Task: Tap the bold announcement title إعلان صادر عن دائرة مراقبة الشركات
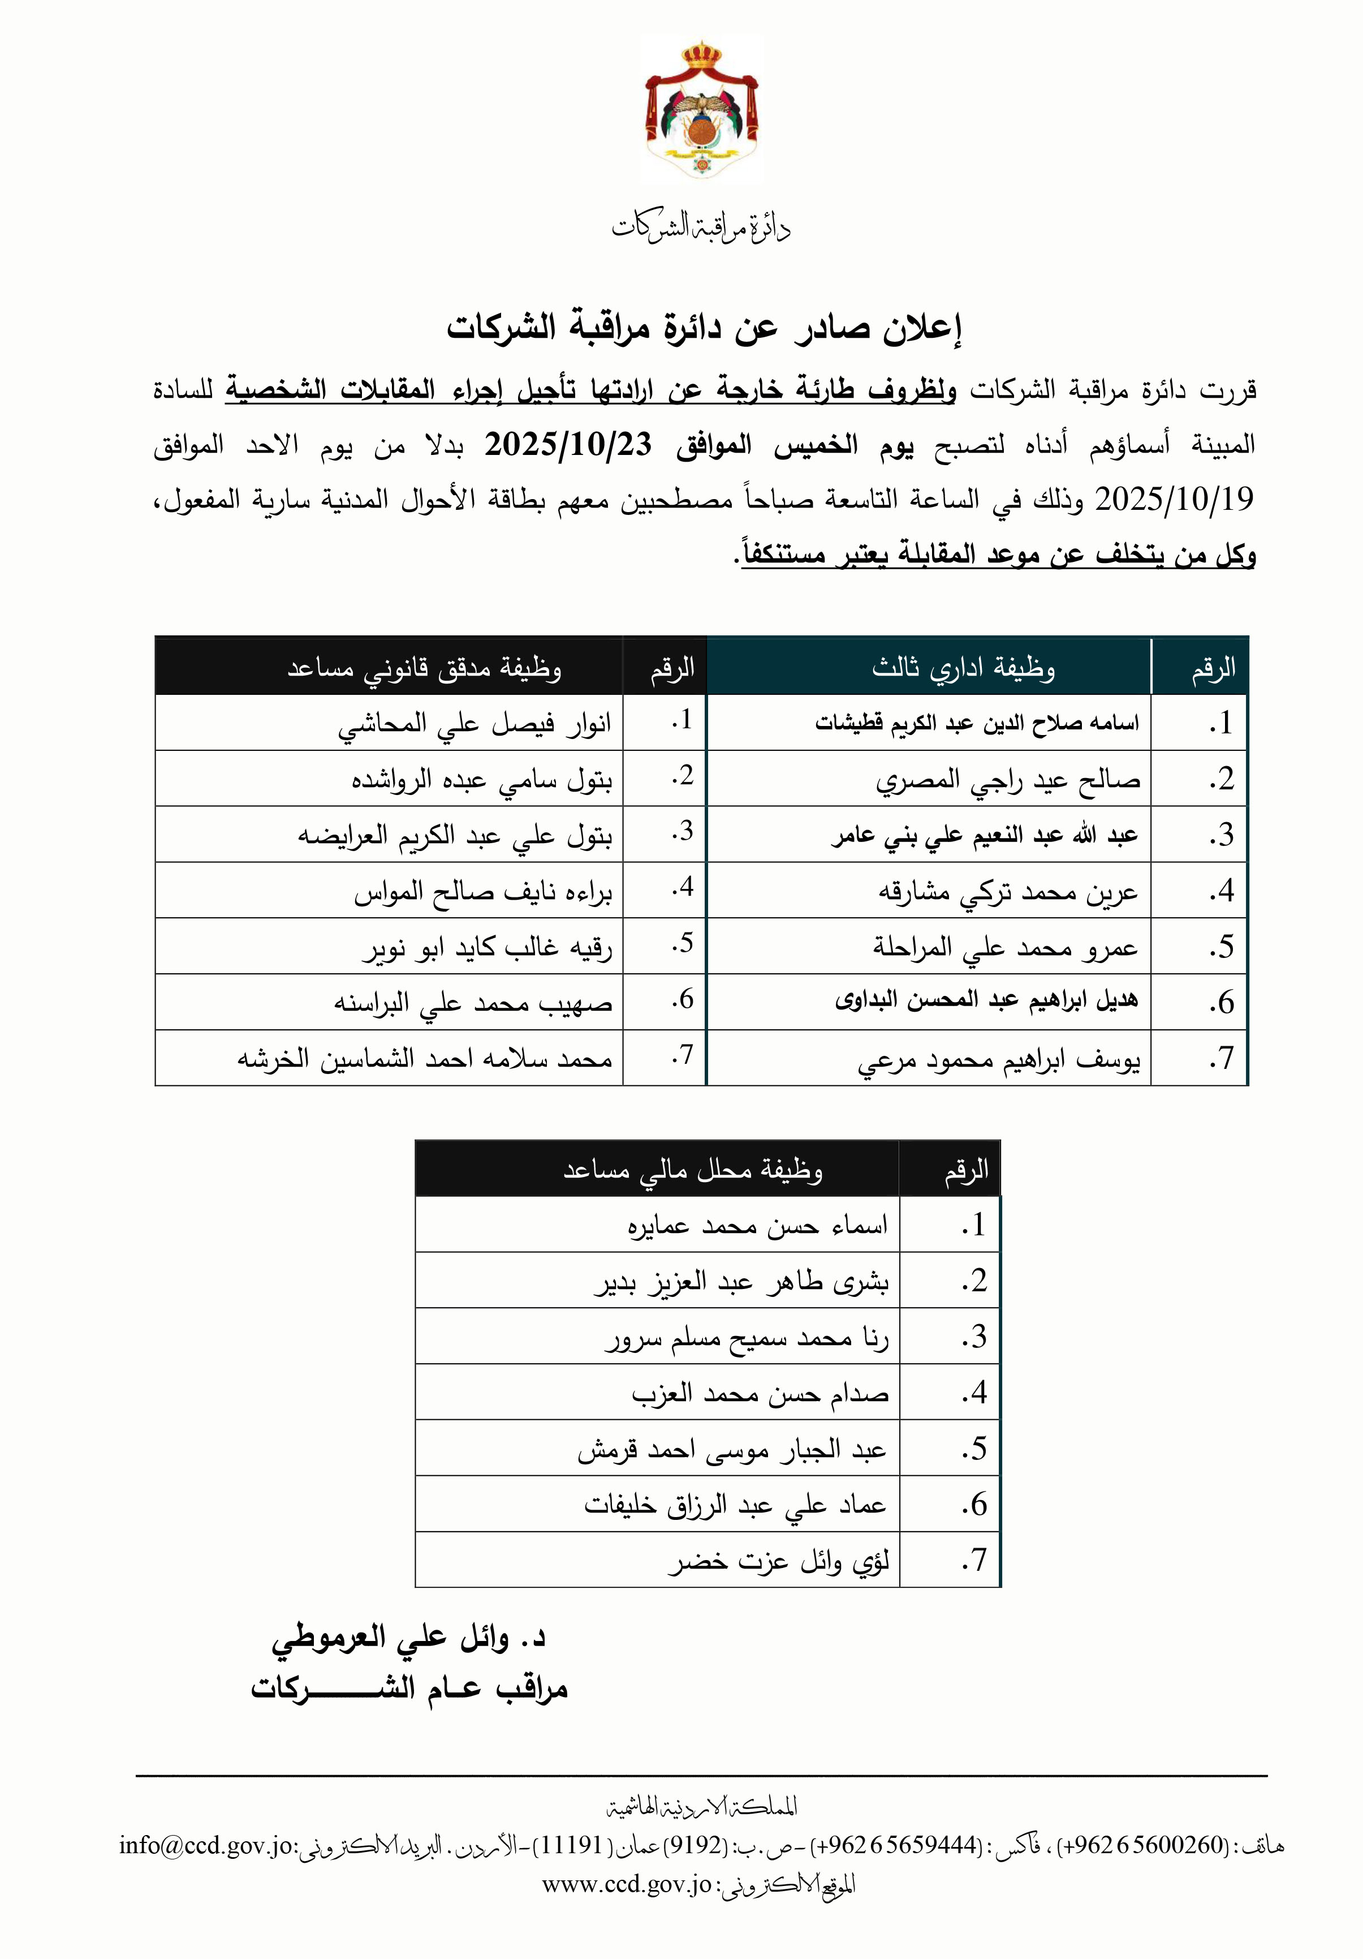[x=705, y=328]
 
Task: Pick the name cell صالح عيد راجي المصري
[x=1007, y=780]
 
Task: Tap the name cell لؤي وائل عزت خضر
[x=778, y=1561]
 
